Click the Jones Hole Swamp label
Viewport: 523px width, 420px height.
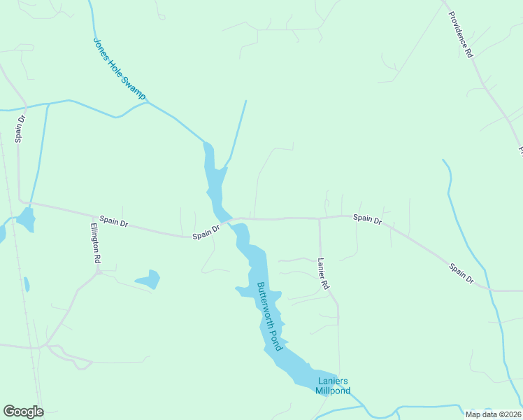click(x=118, y=69)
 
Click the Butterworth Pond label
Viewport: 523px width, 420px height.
click(x=268, y=316)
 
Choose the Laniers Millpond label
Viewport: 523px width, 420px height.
click(x=334, y=386)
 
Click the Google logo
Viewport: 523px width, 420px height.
click(x=23, y=412)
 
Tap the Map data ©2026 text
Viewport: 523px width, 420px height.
click(x=493, y=413)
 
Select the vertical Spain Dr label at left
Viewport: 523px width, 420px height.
click(x=20, y=129)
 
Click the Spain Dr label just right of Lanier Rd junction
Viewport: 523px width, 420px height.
click(x=367, y=219)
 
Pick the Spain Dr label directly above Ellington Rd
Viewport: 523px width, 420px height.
click(x=114, y=222)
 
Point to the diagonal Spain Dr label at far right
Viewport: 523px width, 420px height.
click(x=461, y=273)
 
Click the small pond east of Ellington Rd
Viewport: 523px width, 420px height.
click(x=149, y=279)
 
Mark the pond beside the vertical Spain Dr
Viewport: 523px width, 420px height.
click(x=26, y=219)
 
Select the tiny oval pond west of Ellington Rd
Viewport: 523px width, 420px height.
click(x=27, y=284)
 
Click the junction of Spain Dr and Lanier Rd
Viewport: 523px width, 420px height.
click(x=320, y=218)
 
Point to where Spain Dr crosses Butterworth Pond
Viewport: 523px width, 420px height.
click(x=229, y=221)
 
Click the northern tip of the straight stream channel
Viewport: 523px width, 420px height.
click(x=246, y=101)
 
